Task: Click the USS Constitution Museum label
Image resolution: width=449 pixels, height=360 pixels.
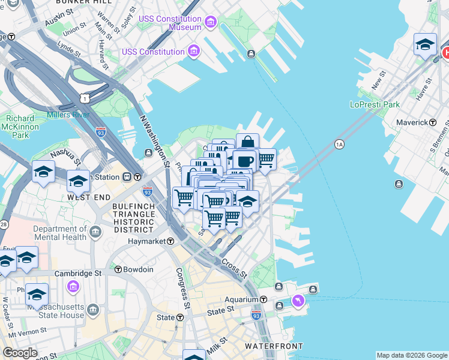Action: [170, 23]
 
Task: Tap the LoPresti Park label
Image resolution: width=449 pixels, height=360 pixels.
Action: [375, 104]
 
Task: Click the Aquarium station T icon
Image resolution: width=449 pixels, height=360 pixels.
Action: [263, 299]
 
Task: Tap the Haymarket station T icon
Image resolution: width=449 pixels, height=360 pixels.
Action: [171, 241]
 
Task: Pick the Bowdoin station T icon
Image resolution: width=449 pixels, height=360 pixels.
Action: [118, 269]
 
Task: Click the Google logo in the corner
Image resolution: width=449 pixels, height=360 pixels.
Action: [20, 352]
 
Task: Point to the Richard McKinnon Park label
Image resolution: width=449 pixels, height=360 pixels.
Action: [20, 127]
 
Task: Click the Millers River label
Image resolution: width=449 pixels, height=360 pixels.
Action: [68, 115]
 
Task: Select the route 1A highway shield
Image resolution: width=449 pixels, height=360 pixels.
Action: [339, 144]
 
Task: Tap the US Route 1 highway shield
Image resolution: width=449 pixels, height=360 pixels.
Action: [85, 97]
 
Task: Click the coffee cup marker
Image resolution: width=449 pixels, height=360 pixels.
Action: [244, 161]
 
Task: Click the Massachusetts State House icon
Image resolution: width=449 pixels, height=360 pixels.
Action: [93, 310]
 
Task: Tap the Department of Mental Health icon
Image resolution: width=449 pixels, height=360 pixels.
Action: [94, 232]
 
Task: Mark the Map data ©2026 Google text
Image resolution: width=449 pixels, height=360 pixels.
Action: [412, 355]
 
